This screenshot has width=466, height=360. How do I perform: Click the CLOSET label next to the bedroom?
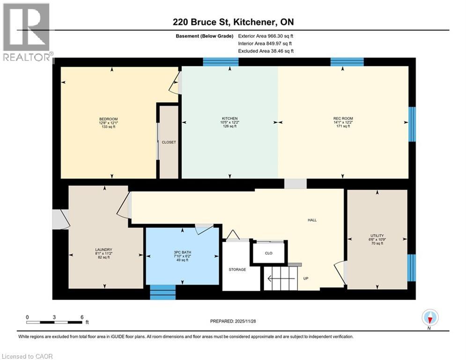169,142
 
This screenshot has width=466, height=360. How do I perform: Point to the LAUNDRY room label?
104,249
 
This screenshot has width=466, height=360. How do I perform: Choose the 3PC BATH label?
183,253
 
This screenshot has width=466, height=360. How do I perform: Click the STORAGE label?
237,270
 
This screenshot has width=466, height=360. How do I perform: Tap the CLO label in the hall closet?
268,253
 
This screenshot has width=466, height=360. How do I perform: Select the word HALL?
312,220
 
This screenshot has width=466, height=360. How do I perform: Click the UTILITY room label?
377,236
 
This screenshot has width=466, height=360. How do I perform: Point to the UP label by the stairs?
305,278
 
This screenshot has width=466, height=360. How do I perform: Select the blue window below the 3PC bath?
163,292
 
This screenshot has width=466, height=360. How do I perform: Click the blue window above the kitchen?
221,62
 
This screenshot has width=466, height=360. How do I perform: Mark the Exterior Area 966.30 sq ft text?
266,36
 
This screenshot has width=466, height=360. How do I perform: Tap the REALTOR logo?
27,32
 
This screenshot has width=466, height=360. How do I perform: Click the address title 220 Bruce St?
233,22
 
